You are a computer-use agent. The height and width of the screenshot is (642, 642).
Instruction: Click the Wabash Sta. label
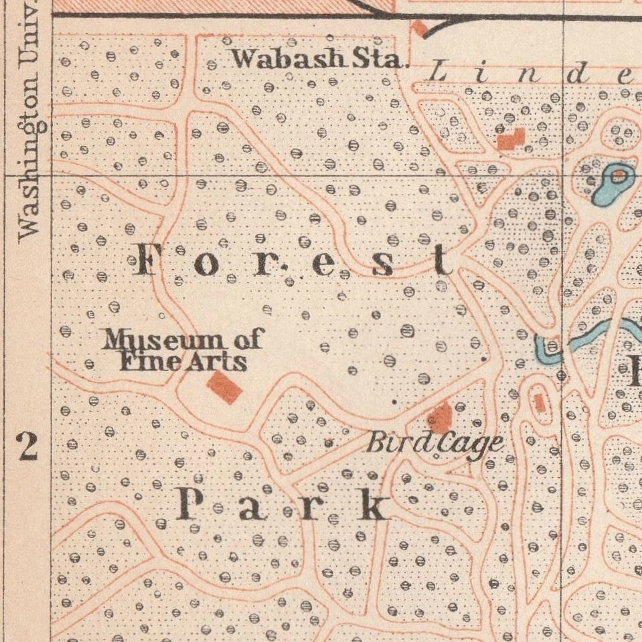(319, 59)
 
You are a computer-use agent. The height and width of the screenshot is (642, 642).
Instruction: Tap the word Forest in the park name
(293, 262)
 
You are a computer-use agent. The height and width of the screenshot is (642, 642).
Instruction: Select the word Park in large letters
(283, 505)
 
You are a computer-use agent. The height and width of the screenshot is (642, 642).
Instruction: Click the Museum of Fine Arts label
(182, 351)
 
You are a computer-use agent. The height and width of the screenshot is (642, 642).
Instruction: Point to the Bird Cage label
(434, 443)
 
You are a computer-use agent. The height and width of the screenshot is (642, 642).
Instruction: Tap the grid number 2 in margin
(27, 447)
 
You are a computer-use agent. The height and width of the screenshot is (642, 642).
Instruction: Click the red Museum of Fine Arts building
(224, 388)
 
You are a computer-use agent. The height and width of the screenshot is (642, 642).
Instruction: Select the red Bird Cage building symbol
(440, 417)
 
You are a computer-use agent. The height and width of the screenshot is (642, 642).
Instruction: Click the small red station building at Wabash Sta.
(419, 28)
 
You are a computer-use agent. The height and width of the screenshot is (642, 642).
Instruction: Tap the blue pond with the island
(611, 183)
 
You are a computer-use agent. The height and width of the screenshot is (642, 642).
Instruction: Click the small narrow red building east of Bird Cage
(539, 402)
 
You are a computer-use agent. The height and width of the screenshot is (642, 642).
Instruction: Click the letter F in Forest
(150, 260)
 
